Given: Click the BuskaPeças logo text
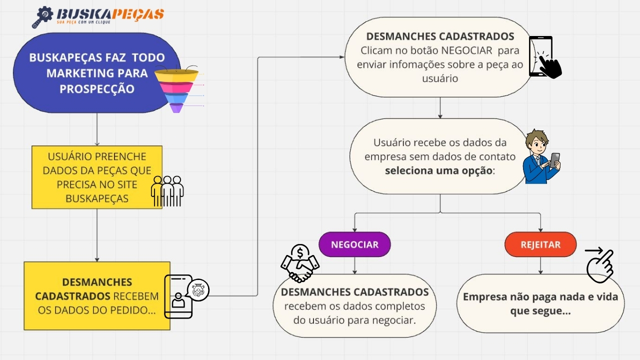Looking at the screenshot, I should click(110, 14).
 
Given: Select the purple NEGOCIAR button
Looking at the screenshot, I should click(354, 244).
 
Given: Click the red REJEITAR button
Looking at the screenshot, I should click(540, 244).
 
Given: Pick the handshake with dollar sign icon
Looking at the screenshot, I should click(300, 264).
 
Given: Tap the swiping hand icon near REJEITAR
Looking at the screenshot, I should click(599, 265).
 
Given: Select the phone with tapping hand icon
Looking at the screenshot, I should click(545, 57).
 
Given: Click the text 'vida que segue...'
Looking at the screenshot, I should click(540, 311).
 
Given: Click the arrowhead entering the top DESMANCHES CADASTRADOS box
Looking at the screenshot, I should click(341, 57).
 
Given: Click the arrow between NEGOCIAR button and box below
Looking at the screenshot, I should click(354, 265).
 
